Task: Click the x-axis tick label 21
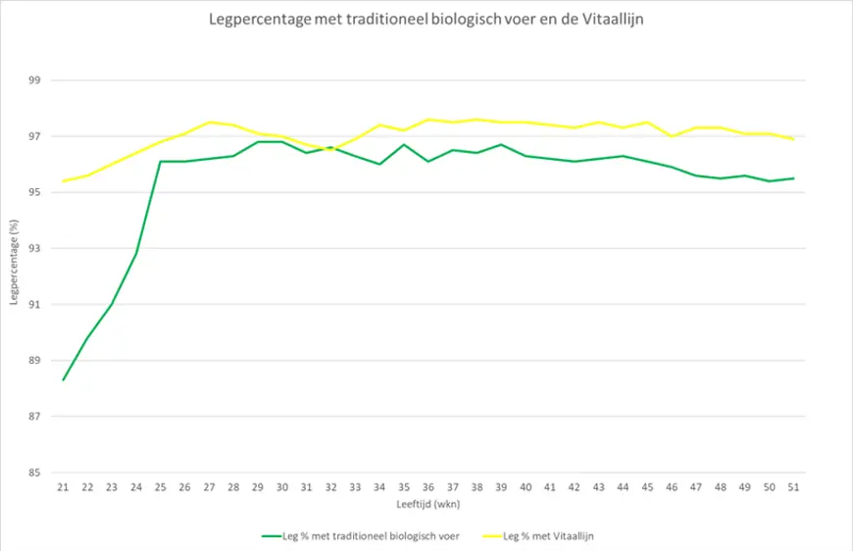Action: (x=64, y=487)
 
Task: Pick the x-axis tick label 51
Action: (x=793, y=487)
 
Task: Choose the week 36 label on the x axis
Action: (x=428, y=487)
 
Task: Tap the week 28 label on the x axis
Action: (x=233, y=487)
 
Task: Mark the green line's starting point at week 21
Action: (x=64, y=379)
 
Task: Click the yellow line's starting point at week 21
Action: (x=64, y=181)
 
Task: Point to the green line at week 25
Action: (x=161, y=162)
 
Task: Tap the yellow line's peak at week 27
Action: (x=209, y=123)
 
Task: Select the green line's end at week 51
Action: (x=793, y=178)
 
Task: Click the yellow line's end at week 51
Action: (x=793, y=139)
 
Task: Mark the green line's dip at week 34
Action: (x=379, y=164)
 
